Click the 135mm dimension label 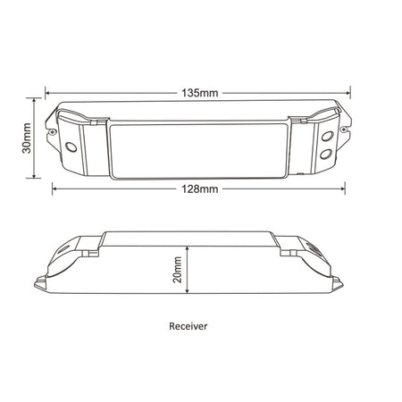point(200,93)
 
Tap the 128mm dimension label point(200,188)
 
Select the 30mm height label point(27,138)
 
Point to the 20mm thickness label point(178,270)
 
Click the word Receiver point(188,326)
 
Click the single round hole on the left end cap point(71,147)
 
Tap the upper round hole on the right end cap point(327,136)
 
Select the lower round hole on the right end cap point(326,154)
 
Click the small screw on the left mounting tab point(53,131)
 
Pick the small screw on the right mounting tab point(344,130)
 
